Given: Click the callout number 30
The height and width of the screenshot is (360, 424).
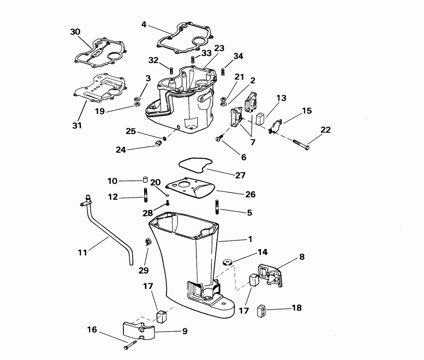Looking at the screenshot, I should (75, 32).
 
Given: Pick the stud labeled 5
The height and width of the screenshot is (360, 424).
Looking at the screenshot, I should (217, 207).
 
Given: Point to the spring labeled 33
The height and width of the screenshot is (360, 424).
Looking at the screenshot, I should (193, 60).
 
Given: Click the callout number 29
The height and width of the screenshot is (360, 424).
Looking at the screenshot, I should (143, 270).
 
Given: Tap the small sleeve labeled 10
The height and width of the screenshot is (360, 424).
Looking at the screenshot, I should (146, 179).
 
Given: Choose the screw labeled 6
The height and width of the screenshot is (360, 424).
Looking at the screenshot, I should (219, 138).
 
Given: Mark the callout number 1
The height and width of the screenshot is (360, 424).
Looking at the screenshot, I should (250, 239).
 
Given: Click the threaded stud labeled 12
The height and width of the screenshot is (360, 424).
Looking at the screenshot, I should (146, 195).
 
